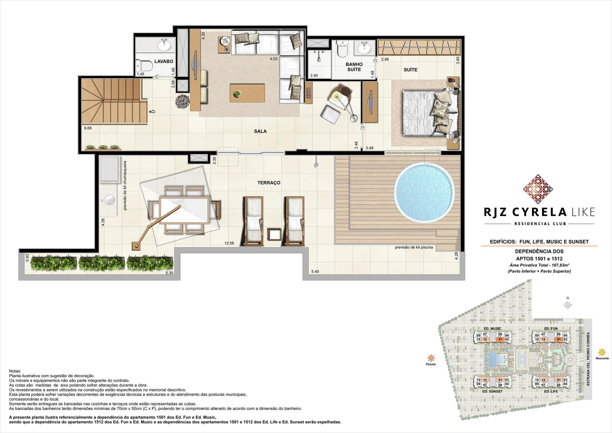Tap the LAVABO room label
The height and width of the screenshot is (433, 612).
pyautogui.click(x=164, y=61)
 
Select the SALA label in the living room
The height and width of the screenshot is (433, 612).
pyautogui.click(x=260, y=131)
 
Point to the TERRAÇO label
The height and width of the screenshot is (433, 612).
pyautogui.click(x=269, y=183)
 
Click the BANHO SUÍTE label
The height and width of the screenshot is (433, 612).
pyautogui.click(x=354, y=67)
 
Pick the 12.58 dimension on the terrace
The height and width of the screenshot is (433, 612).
pyautogui.click(x=229, y=243)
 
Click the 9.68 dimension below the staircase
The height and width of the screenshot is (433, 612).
pyautogui.click(x=88, y=128)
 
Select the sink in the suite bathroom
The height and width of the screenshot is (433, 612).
pyautogui.click(x=364, y=49)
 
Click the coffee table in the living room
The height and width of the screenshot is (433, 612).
pyautogui.click(x=247, y=93)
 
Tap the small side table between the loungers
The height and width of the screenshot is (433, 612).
pyautogui.click(x=274, y=234)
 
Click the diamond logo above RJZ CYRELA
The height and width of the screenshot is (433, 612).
pyautogui.click(x=538, y=189)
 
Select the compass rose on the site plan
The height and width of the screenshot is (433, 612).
pyautogui.click(x=567, y=305)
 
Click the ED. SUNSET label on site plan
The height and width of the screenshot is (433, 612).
pyautogui.click(x=493, y=391)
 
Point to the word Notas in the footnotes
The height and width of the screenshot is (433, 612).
pyautogui.click(x=15, y=371)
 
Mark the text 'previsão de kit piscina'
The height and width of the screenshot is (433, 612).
pyautogui.click(x=414, y=247)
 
